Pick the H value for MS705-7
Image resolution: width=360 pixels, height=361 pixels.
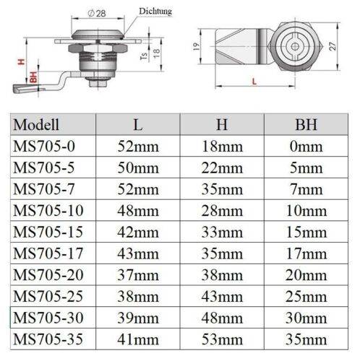pyautogui.click(x=222, y=190)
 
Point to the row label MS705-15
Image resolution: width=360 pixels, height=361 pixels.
pyautogui.click(x=46, y=234)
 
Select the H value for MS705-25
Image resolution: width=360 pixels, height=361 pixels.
pyautogui.click(x=222, y=300)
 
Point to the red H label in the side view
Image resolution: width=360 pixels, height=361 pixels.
pyautogui.click(x=21, y=63)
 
